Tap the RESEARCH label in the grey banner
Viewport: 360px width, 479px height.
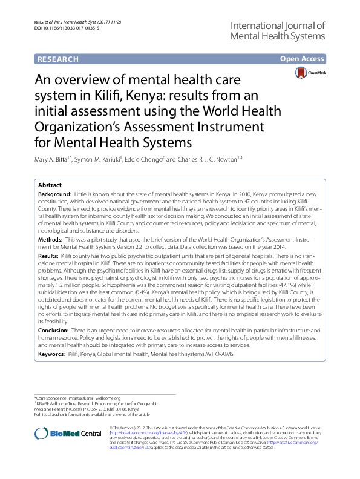[58, 59]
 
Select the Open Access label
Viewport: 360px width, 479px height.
[302, 59]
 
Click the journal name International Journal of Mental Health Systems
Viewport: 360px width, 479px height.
[278, 31]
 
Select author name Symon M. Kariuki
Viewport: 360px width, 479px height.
[104, 159]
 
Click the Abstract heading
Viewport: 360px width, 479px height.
[50, 185]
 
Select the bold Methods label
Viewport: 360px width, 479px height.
[50, 240]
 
